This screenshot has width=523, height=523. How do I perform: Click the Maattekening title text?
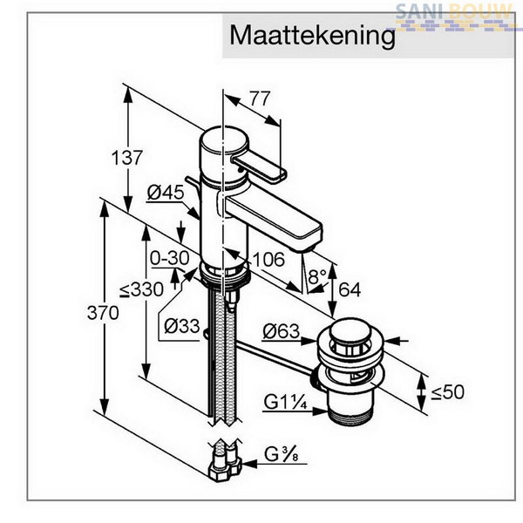point(313,36)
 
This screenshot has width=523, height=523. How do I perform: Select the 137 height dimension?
point(126,158)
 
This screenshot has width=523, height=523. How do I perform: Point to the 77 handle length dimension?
point(260,98)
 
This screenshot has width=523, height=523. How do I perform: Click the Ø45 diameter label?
point(166,193)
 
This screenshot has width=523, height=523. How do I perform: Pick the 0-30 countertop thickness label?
point(169,258)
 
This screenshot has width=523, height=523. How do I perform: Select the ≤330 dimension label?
point(142,289)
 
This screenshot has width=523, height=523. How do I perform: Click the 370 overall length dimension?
point(103,313)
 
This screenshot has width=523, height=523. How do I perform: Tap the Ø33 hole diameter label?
point(182,326)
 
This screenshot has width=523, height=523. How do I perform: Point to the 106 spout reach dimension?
point(268,259)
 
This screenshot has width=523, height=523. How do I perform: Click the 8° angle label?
point(317,276)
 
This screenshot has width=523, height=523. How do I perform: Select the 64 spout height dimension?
point(350,289)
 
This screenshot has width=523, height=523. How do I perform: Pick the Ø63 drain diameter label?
point(282,331)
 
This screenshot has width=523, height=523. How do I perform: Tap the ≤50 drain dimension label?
point(448,392)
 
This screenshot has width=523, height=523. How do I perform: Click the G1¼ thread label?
point(285,402)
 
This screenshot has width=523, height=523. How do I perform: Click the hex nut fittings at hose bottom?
point(225,467)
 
